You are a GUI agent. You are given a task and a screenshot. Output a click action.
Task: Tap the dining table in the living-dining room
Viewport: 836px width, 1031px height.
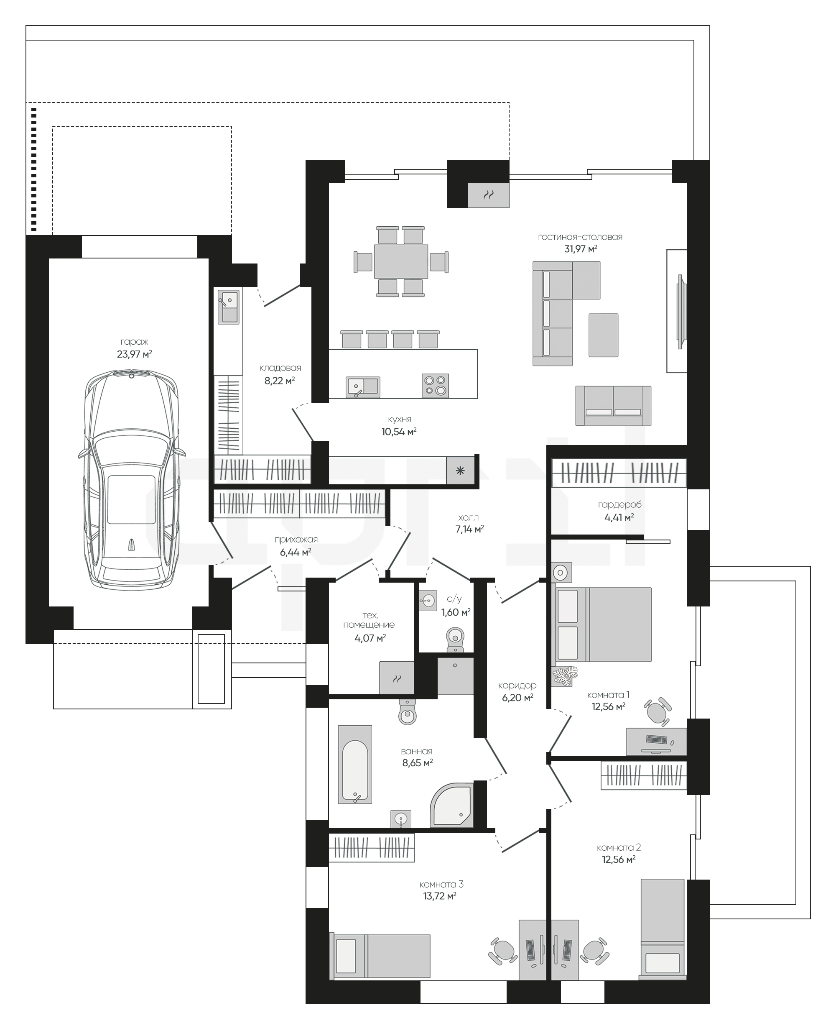(x=401, y=261)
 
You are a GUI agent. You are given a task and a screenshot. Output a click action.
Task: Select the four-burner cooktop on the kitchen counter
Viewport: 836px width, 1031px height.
(x=435, y=385)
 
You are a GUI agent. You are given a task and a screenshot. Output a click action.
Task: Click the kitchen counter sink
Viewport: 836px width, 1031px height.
(x=363, y=387)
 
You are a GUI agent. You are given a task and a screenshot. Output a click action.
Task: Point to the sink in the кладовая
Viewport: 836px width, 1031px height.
(x=228, y=307)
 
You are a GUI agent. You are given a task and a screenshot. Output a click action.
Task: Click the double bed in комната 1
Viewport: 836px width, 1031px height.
(x=604, y=624)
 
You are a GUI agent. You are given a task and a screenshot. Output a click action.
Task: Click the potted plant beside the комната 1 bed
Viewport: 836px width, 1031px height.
(x=565, y=675)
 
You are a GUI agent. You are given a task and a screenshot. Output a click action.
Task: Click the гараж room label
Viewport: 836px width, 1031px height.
(x=134, y=342)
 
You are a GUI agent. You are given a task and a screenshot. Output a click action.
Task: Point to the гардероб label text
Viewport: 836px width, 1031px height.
(x=620, y=505)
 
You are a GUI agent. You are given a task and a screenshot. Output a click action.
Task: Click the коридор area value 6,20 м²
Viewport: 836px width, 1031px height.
(x=517, y=698)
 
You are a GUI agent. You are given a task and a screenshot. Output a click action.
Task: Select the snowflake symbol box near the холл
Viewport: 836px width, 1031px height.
(x=460, y=471)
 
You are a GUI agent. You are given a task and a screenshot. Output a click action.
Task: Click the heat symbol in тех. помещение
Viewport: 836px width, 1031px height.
(x=397, y=678)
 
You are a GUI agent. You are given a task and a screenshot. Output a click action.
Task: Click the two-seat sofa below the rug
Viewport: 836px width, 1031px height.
(x=613, y=406)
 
